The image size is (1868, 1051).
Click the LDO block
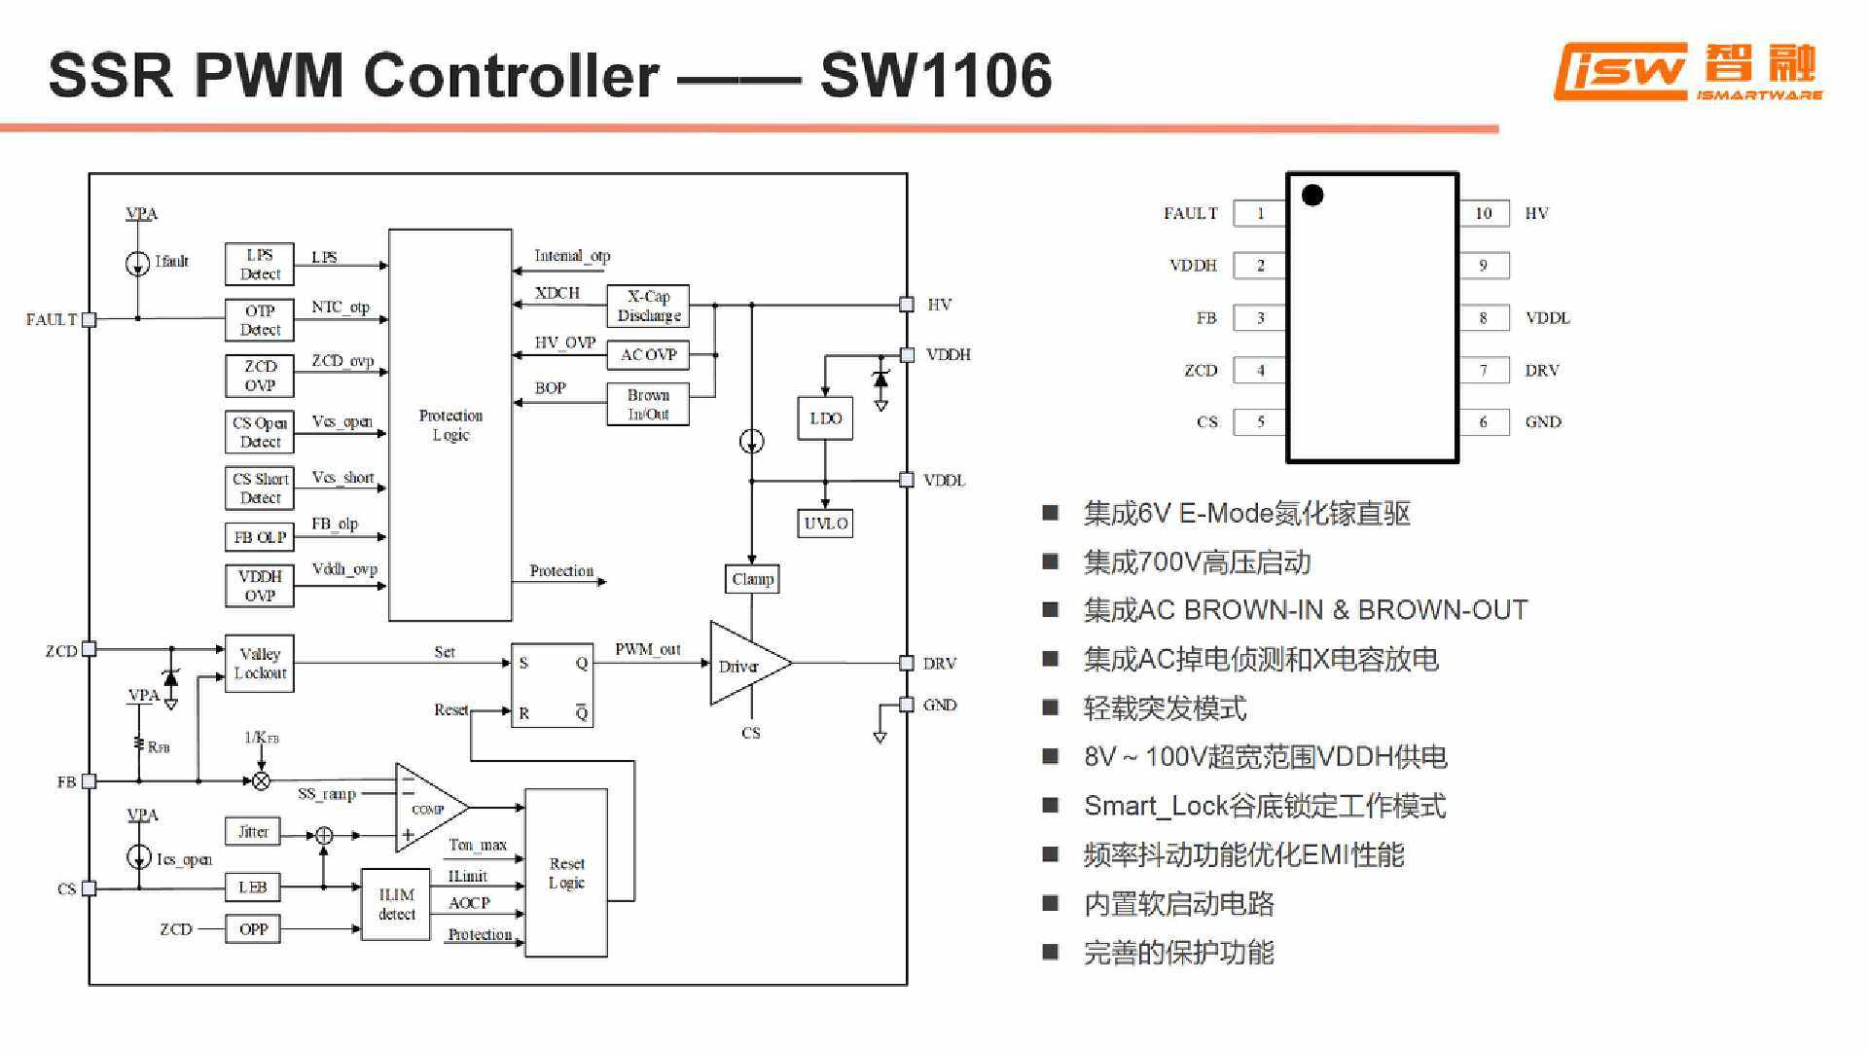coord(825,418)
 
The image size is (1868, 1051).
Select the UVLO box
coord(825,524)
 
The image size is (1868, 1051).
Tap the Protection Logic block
coord(449,425)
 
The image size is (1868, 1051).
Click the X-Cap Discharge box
coord(648,306)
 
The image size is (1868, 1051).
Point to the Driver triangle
coord(744,664)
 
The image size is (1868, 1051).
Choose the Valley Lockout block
coord(259,664)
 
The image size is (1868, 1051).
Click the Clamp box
coord(752,579)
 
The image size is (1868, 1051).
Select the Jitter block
coord(253,832)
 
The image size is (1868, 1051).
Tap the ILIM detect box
coord(396,904)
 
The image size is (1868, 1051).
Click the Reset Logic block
coord(566,873)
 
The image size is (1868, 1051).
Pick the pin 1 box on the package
coord(1260,213)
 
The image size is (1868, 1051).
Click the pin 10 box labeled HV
coord(1484,213)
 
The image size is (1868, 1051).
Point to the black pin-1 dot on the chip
coord(1312,196)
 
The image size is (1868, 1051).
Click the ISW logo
coord(1622,71)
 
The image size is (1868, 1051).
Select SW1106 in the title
coord(935,75)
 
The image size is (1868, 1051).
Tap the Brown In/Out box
coord(648,404)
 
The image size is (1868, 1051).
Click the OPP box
coord(253,929)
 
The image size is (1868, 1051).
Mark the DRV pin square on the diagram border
coord(907,664)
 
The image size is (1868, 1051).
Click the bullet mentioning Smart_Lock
coord(1264,806)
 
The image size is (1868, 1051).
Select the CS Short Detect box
coord(259,488)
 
